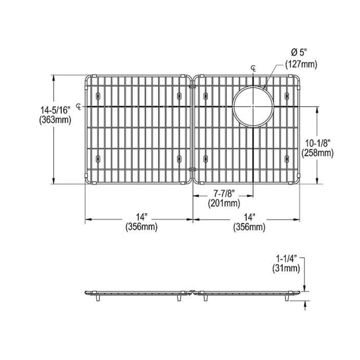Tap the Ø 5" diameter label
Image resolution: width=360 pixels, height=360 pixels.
pyautogui.click(x=299, y=53)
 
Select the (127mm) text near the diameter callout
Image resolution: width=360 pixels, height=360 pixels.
pyautogui.click(x=301, y=64)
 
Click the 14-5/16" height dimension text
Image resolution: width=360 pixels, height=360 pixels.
pyautogui.click(x=55, y=110)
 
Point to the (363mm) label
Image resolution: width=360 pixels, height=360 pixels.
pyautogui.click(x=55, y=120)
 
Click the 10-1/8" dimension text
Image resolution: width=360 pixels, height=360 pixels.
pyautogui.click(x=318, y=143)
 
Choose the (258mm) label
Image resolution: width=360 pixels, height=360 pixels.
pyautogui.click(x=318, y=153)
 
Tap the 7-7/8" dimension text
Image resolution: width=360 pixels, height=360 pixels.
pyautogui.click(x=224, y=194)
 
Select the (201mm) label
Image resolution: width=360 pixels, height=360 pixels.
pyautogui.click(x=224, y=204)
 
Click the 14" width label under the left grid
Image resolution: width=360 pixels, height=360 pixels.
pyautogui.click(x=141, y=217)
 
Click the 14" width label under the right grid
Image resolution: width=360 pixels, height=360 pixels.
pyautogui.click(x=249, y=217)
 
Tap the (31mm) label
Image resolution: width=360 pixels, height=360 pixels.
pyautogui.click(x=286, y=268)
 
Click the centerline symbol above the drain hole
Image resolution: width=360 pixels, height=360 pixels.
pyautogui.click(x=254, y=68)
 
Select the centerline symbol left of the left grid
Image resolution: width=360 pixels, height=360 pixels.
pyautogui.click(x=79, y=106)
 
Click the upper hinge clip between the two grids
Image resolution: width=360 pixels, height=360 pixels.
pyautogui.click(x=192, y=87)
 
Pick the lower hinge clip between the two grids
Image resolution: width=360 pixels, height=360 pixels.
pyautogui.click(x=192, y=169)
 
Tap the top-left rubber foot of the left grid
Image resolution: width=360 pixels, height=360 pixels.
pyautogui.click(x=98, y=96)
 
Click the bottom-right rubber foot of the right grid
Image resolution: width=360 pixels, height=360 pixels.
pyautogui.click(x=286, y=159)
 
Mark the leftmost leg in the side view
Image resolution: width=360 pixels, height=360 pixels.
pyautogui.click(x=98, y=298)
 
